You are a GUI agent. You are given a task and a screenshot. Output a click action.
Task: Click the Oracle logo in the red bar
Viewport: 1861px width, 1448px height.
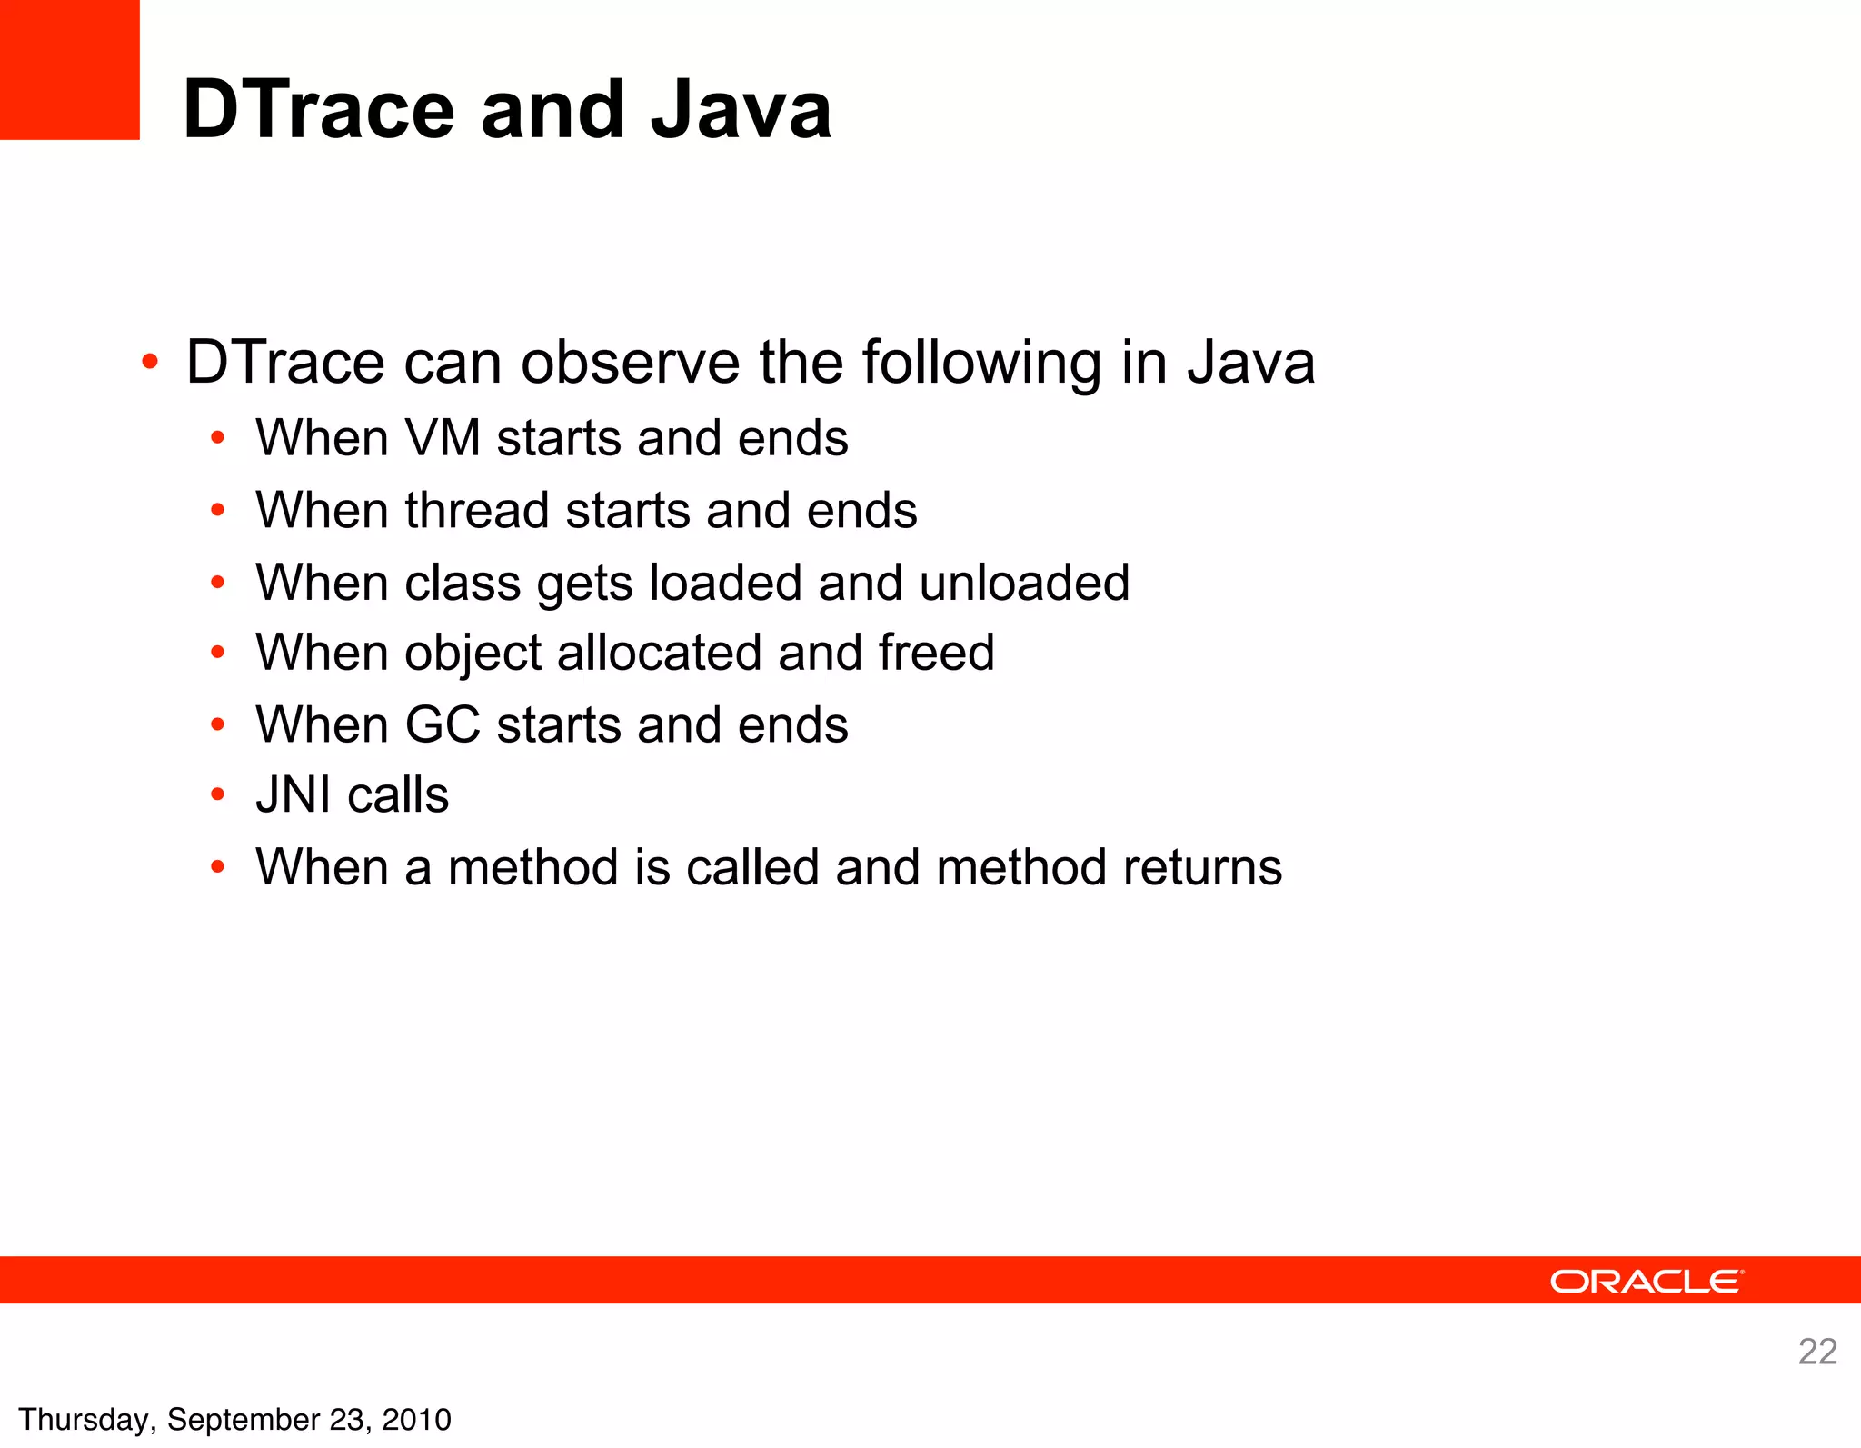pos(1646,1282)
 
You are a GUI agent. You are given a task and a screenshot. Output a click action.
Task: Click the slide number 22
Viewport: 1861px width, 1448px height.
pos(1817,1352)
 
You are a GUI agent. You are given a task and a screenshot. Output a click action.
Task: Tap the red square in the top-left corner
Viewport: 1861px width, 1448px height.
pos(69,69)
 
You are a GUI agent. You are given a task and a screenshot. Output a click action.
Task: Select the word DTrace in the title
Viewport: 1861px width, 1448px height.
pos(318,110)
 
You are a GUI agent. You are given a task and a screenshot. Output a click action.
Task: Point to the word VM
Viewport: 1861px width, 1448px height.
pos(443,438)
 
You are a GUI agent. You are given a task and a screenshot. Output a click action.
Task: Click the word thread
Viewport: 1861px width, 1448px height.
pos(477,510)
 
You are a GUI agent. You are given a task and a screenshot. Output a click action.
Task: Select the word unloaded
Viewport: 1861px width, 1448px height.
pos(1024,582)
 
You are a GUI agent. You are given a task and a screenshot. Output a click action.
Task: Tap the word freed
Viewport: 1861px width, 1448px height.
pos(936,653)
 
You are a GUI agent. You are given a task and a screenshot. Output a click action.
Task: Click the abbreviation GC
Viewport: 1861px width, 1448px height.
pos(443,725)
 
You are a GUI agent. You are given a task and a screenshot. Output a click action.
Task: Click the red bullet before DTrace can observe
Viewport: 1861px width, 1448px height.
pos(150,364)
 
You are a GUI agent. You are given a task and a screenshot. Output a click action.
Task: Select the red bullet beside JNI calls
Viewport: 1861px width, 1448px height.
pos(217,795)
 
